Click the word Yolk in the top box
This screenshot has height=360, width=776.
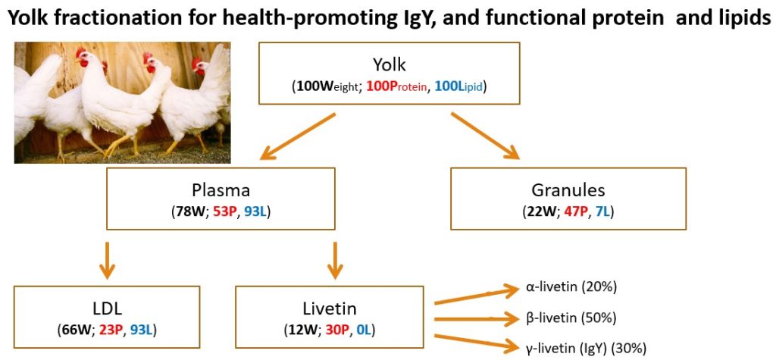point(389,65)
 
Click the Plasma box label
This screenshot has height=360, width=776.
point(221,191)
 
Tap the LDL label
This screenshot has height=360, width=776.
point(107,308)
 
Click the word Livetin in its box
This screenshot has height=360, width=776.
point(330,308)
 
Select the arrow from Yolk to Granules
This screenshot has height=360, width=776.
point(485,135)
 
